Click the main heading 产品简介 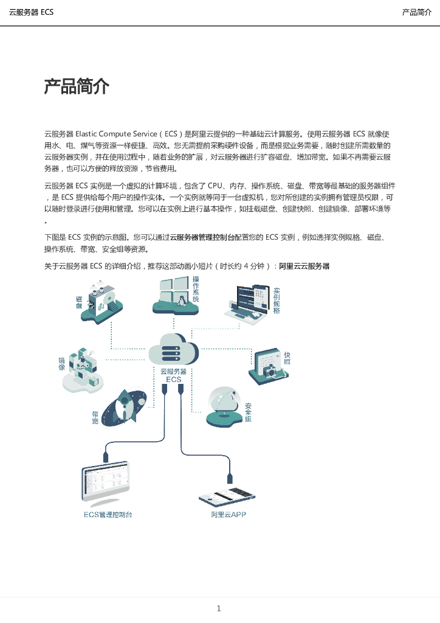[77, 86]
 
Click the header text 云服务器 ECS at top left [31, 12]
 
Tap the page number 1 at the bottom [219, 608]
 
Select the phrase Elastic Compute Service [116, 134]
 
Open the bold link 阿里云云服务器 [304, 266]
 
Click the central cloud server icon [173, 349]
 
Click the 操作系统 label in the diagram [196, 289]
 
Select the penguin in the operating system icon [182, 301]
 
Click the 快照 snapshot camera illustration [269, 366]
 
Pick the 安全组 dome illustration [225, 407]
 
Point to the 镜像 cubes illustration [83, 370]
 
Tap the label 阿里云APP [229, 515]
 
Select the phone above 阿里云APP [227, 496]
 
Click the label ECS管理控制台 [108, 515]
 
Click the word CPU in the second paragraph [215, 186]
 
